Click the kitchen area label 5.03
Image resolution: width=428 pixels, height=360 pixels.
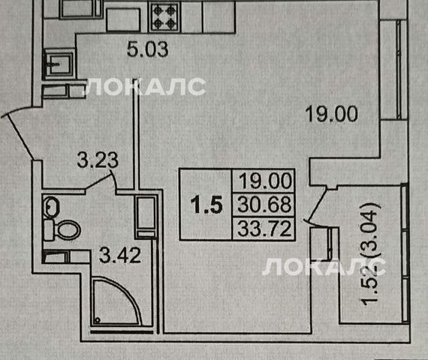(x=148, y=49)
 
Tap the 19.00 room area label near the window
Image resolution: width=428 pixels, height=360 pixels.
(x=332, y=114)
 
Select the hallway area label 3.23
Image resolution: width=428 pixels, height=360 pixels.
(x=98, y=160)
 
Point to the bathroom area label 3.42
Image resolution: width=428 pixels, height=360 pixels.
(x=120, y=255)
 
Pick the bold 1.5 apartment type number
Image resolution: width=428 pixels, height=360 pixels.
(x=206, y=205)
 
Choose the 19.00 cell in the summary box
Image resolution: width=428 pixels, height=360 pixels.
(x=264, y=181)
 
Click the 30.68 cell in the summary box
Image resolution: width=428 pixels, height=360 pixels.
(x=264, y=205)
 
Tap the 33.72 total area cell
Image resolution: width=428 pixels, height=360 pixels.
(x=264, y=229)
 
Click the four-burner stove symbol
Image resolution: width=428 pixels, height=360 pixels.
(x=164, y=17)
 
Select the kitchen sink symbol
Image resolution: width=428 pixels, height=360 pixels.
(x=59, y=64)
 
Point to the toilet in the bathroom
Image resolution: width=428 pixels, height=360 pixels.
(x=62, y=230)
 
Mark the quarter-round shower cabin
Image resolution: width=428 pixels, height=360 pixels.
(x=117, y=300)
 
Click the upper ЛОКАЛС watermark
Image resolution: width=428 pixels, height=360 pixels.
(x=144, y=87)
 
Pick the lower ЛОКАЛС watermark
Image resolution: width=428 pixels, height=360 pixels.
(x=324, y=267)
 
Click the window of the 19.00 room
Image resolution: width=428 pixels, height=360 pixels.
(x=399, y=70)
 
